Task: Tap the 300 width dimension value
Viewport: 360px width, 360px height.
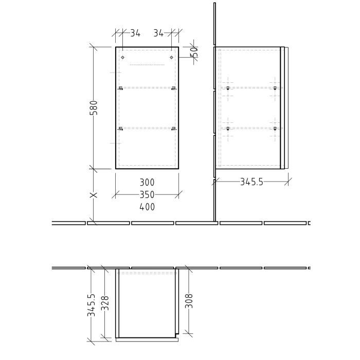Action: [147, 183]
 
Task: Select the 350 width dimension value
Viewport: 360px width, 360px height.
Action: [147, 195]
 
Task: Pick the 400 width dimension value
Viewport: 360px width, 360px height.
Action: [147, 207]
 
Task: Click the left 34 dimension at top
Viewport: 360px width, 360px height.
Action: [135, 33]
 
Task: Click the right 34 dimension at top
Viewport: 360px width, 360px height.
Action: [158, 33]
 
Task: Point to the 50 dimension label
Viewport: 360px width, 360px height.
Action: [194, 52]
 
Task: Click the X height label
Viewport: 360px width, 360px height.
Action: [94, 195]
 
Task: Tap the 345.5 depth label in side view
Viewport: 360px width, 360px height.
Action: [251, 182]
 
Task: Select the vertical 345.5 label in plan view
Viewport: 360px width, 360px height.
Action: [92, 304]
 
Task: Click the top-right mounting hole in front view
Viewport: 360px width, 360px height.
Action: [172, 57]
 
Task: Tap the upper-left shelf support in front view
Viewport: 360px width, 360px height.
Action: [121, 88]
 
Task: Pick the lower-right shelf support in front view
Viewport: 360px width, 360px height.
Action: [174, 128]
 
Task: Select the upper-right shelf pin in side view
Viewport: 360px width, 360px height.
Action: [275, 88]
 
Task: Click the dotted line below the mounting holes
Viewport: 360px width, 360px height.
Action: [147, 65]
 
